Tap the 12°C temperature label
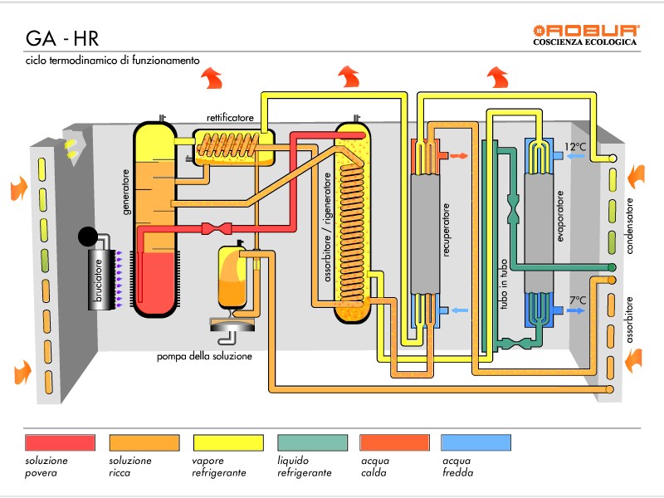(x=575, y=147)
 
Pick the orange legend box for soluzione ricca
(x=143, y=442)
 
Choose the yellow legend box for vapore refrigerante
(x=227, y=442)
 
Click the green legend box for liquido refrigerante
(x=311, y=442)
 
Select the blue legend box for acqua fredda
(x=476, y=442)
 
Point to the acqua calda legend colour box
(x=394, y=442)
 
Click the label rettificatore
(x=230, y=119)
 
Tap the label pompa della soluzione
(x=205, y=357)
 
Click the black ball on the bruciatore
(x=88, y=237)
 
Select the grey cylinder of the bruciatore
(x=100, y=277)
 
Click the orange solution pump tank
(x=231, y=279)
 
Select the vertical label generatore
(x=127, y=193)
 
